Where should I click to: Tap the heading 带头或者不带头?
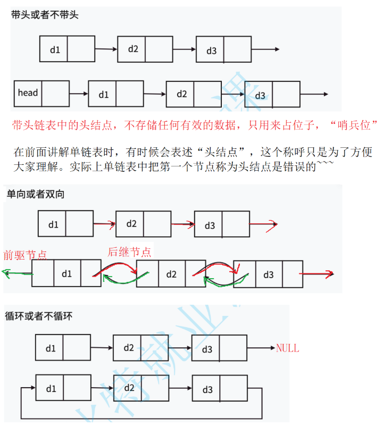click(45, 15)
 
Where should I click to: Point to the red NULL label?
click(287, 349)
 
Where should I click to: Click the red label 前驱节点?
click(25, 254)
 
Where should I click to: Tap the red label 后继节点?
click(129, 252)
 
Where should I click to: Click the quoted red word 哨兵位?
click(353, 126)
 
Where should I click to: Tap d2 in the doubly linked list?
click(171, 274)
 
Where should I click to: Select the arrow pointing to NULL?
click(261, 348)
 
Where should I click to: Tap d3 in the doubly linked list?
click(268, 274)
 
